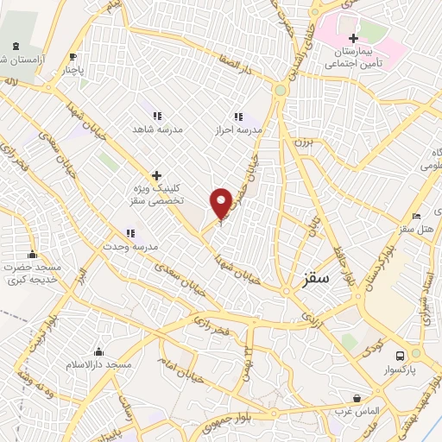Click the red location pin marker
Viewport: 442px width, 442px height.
[221, 202]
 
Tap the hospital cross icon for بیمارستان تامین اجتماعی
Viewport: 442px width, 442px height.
[354, 38]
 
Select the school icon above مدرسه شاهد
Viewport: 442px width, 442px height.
[157, 115]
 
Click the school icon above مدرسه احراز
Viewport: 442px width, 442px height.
[237, 117]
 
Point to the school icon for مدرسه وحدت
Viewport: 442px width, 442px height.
[130, 232]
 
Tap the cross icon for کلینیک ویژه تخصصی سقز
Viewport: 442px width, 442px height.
[156, 174]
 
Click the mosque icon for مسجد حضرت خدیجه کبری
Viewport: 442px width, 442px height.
[33, 254]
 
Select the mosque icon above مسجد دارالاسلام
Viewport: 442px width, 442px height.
[99, 351]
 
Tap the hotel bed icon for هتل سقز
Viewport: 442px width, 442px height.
[417, 216]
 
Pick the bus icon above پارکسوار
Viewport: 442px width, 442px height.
[400, 356]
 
